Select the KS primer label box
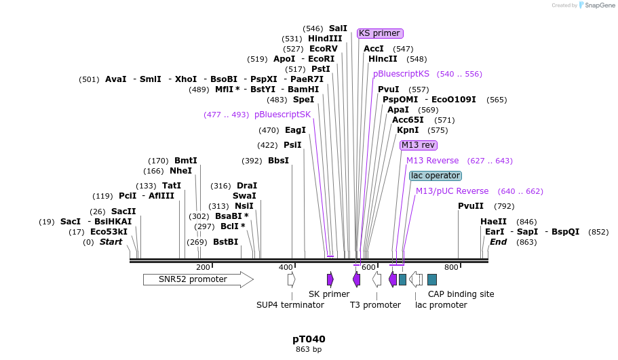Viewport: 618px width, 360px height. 380,33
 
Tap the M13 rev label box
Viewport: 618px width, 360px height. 419,145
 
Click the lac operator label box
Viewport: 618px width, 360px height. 436,176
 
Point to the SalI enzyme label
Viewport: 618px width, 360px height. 338,28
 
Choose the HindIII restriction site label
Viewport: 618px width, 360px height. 325,39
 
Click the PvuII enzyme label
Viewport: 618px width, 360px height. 471,206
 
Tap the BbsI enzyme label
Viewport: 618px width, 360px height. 278,161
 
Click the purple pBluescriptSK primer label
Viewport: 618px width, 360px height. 282,115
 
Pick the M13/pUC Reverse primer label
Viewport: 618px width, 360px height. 452,191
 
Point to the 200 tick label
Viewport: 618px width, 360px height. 203,268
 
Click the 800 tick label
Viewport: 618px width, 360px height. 451,268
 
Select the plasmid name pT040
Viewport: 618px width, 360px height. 309,339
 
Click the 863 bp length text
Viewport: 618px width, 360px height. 309,350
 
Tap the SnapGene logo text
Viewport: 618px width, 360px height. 600,5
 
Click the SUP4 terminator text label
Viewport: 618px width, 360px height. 290,305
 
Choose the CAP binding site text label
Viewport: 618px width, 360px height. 461,294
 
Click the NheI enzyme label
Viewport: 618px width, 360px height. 180,171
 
